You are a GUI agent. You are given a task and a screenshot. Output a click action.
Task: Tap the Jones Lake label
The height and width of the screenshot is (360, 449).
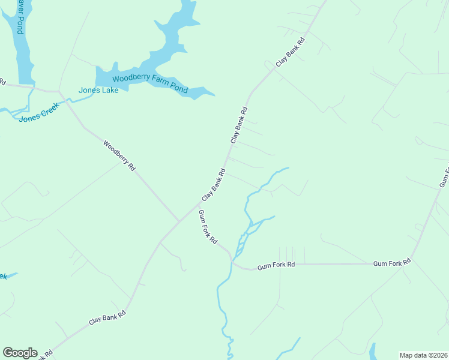click(98, 91)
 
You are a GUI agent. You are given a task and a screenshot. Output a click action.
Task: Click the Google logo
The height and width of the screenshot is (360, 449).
click(20, 353)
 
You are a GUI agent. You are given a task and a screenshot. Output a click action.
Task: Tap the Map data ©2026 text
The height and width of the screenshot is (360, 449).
click(424, 355)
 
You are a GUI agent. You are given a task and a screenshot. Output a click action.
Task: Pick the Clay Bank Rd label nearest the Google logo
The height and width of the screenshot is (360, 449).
click(107, 317)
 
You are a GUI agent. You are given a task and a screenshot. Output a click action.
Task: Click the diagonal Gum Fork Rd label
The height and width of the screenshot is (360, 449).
click(208, 227)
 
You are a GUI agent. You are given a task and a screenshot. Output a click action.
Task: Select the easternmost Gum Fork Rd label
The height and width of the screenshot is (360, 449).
click(392, 263)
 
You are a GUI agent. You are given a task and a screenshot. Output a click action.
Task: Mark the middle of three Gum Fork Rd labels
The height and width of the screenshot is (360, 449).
click(276, 265)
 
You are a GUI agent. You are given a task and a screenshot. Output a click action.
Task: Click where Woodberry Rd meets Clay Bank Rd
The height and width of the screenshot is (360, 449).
click(179, 221)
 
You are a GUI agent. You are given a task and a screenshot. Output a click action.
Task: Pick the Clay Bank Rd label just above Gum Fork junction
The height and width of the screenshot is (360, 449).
click(214, 185)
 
